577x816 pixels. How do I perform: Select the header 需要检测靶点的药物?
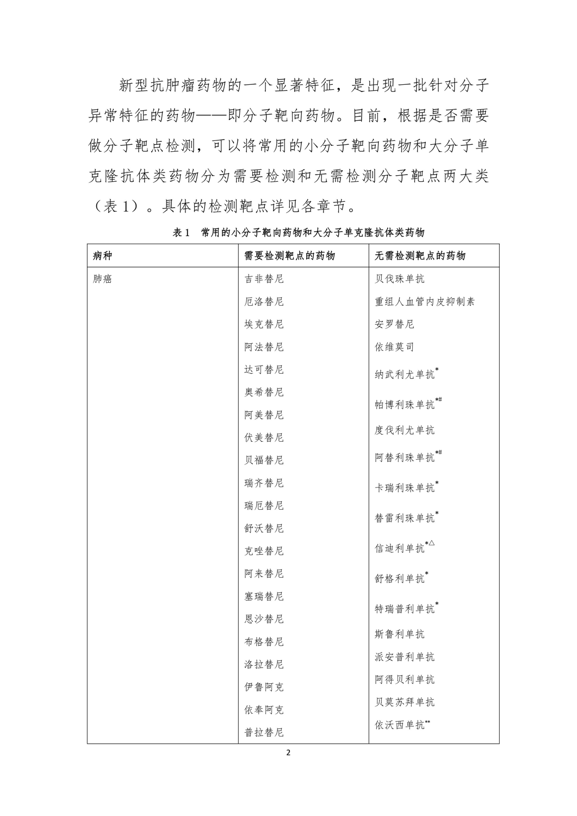tap(289, 256)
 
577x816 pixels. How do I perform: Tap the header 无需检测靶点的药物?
tap(420, 256)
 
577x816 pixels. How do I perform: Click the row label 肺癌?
tap(103, 279)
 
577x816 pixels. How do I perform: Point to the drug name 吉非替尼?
tap(264, 279)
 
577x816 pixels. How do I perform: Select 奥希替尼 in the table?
tap(264, 392)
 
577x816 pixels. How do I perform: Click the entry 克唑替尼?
tap(264, 551)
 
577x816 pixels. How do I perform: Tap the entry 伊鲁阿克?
tap(264, 687)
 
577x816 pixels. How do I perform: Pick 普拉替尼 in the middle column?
tap(264, 732)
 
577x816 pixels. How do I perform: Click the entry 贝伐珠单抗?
tap(400, 279)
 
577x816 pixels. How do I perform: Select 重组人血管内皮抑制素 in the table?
tap(425, 301)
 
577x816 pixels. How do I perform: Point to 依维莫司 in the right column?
tap(394, 347)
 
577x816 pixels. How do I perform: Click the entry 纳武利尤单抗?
tap(405, 374)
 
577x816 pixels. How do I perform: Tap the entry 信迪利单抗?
tap(400, 548)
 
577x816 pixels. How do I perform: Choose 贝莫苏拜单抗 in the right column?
tap(405, 702)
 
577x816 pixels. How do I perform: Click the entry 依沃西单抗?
tap(400, 725)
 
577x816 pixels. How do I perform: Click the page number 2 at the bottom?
tap(288, 753)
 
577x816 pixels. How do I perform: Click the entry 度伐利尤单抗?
tap(405, 430)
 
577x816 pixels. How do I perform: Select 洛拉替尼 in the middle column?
tap(264, 664)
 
